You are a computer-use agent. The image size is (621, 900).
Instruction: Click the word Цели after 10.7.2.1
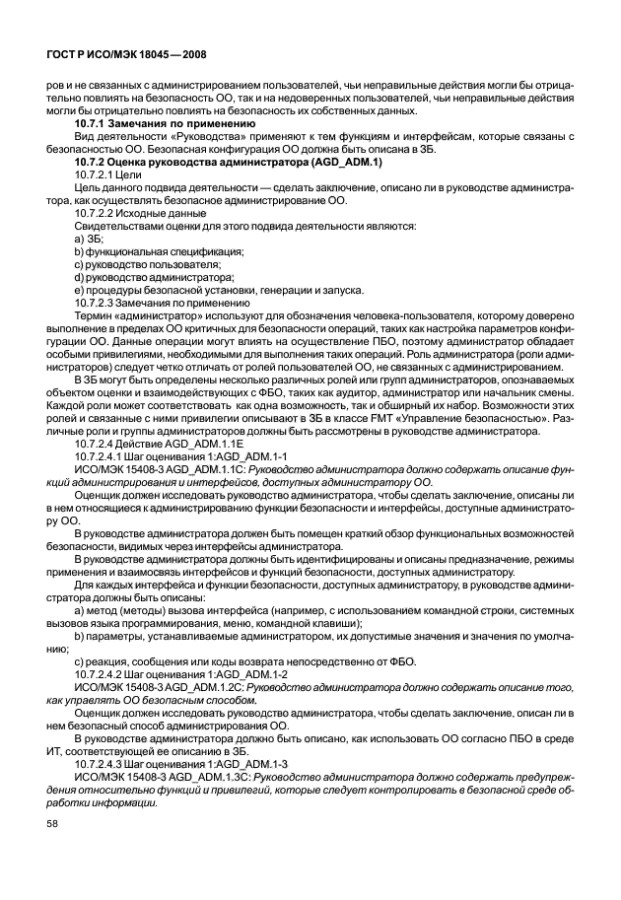129,174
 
